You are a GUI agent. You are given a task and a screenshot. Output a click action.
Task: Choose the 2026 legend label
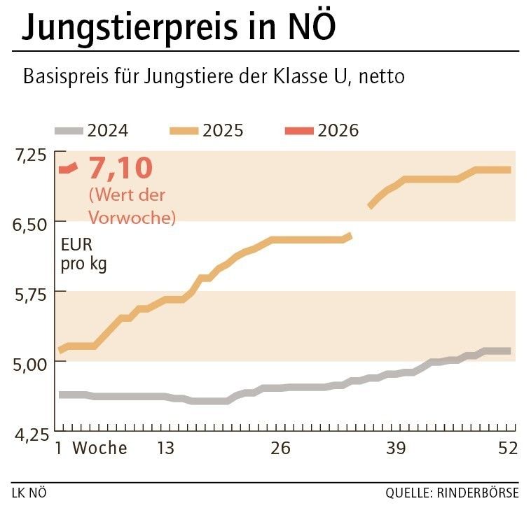tap(338, 131)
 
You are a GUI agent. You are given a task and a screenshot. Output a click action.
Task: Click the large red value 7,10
tap(120, 169)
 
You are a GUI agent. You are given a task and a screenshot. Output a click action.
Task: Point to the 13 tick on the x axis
tap(165, 449)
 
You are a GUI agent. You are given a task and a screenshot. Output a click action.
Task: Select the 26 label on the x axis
tap(280, 449)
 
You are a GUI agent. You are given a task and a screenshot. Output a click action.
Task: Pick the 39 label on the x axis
tap(396, 449)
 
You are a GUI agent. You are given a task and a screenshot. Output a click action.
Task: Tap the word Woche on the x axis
tap(100, 449)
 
